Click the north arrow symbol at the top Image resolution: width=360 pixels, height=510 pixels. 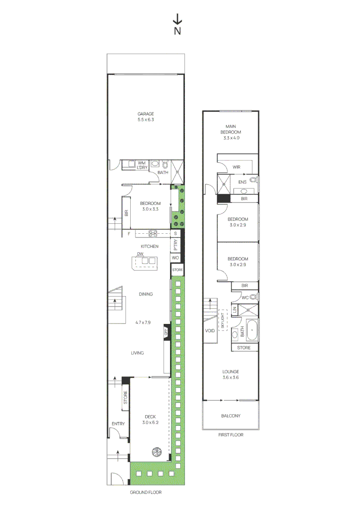click(177, 19)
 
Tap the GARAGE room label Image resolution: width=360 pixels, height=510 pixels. click(146, 114)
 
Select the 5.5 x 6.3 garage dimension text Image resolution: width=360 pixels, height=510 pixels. click(146, 120)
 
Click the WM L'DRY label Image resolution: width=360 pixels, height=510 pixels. click(142, 165)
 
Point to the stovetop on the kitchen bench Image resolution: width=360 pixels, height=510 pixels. click(153, 233)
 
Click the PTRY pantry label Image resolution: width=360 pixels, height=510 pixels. click(176, 246)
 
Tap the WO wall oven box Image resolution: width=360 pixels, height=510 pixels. click(176, 258)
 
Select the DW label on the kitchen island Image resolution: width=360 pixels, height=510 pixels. click(140, 254)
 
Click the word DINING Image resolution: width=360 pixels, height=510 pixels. click(146, 294)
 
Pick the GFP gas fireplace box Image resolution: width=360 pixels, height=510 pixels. click(166, 332)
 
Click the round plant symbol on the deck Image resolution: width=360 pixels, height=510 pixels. click(157, 451)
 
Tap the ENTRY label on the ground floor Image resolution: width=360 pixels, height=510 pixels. click(118, 424)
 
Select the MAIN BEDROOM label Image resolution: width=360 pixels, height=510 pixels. click(230, 129)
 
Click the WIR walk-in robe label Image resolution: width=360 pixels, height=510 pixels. click(237, 167)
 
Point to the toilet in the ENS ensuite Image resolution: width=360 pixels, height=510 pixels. click(253, 180)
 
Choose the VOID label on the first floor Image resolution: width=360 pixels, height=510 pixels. click(210, 331)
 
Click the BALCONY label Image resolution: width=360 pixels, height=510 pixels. click(231, 416)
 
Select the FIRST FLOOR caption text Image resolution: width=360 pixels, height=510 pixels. click(231, 434)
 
